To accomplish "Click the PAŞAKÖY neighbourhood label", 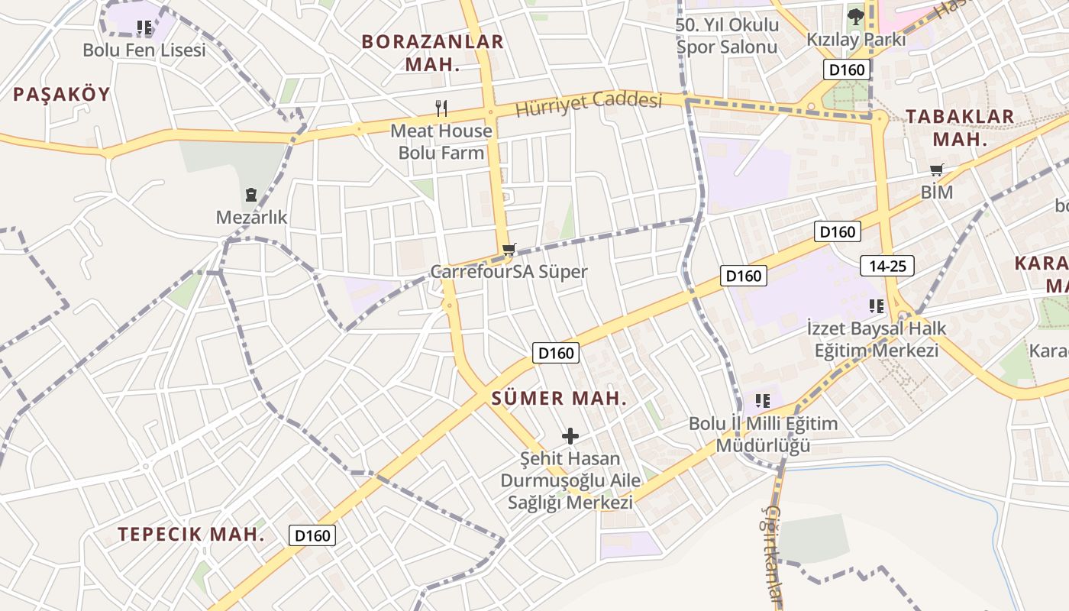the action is point(62,94).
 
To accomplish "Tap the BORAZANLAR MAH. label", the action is point(433,53).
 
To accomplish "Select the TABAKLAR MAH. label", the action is point(960,128).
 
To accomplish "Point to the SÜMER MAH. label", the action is point(559,398).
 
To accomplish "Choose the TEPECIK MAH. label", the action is point(191,534).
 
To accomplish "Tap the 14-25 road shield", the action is point(887,266).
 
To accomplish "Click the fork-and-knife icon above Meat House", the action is point(441,108).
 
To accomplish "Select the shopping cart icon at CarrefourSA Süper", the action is point(509,249).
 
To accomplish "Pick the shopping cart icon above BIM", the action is point(936,170).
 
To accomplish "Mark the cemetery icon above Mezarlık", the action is point(251,195).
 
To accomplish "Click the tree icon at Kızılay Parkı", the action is point(855,15).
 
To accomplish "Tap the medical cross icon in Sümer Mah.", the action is point(570,436).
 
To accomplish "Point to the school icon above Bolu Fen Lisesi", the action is point(144,28).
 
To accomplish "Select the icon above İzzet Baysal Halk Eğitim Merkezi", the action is point(876,306).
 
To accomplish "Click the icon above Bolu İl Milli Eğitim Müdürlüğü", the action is point(762,400).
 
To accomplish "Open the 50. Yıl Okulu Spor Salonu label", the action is point(727,36).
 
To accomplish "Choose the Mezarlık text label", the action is point(251,218).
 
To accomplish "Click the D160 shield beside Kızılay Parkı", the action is point(847,70).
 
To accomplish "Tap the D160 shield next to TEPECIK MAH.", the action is point(312,535).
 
